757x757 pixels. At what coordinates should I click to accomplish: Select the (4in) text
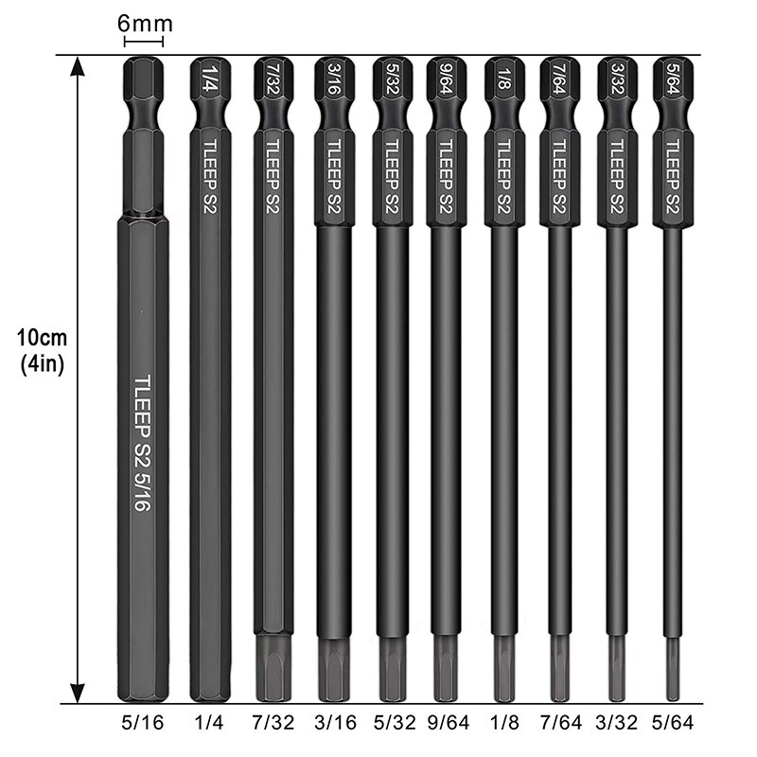coord(40,365)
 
